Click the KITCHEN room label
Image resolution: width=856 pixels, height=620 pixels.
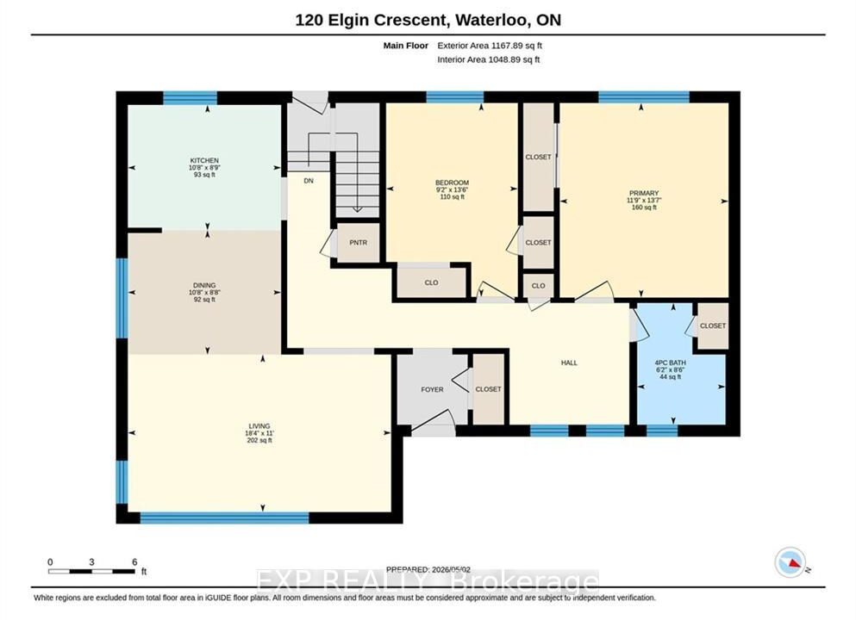[204, 160]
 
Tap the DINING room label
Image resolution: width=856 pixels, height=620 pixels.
[204, 285]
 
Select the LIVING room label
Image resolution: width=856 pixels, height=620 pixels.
[259, 426]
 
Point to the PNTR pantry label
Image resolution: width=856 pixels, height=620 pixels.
[358, 243]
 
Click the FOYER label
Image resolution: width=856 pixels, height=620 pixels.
[433, 389]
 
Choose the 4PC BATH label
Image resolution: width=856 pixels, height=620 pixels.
[671, 363]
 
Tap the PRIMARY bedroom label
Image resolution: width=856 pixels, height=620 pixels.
[644, 193]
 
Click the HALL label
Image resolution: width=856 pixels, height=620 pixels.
[569, 363]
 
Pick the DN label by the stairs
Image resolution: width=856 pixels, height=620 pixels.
[309, 181]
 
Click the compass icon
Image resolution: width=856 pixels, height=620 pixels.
[790, 562]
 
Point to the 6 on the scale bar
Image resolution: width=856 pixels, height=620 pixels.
[134, 562]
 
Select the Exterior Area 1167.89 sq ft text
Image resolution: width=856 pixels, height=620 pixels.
[490, 46]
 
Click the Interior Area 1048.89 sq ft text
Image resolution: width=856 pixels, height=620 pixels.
[489, 59]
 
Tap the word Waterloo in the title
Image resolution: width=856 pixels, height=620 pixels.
[491, 20]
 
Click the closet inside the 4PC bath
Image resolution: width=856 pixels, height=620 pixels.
[713, 325]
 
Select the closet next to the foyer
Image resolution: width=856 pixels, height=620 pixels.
[488, 389]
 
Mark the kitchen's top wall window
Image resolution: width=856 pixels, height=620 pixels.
[190, 98]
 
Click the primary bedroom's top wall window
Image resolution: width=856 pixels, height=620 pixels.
[644, 97]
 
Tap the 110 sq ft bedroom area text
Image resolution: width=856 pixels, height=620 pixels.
[452, 197]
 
